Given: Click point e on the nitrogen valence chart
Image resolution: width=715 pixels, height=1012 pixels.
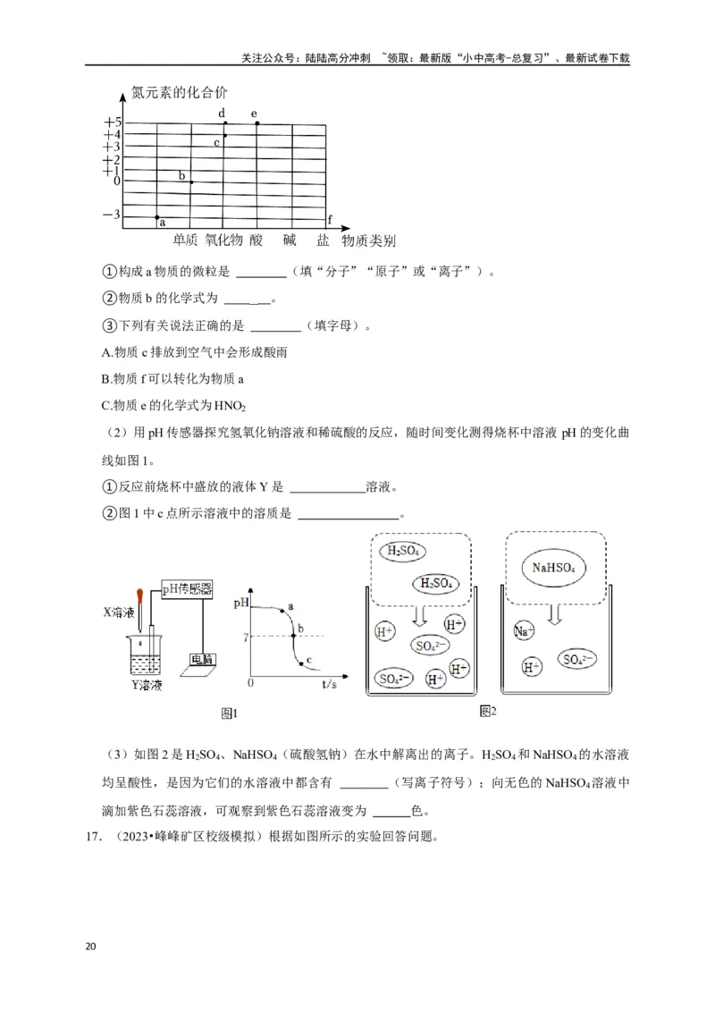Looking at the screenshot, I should tap(257, 123).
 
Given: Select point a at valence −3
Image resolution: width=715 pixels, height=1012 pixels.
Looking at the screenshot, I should tap(158, 217).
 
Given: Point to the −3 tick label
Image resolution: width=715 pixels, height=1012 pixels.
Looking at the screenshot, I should tap(112, 215).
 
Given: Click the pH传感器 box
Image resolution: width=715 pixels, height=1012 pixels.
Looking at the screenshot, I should tap(187, 588).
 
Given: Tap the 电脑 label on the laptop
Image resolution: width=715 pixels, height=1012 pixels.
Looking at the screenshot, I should tap(203, 660).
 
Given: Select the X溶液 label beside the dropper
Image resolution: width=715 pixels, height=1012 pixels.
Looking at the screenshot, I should tap(118, 613).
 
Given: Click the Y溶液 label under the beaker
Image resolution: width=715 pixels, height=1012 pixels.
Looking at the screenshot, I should tap(146, 686).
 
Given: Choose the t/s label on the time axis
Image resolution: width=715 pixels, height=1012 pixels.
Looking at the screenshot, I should tap(328, 682).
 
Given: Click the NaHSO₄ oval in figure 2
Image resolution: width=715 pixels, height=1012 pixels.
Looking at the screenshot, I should tap(553, 568).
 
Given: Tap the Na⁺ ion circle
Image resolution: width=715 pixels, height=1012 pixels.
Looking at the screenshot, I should tap(525, 631).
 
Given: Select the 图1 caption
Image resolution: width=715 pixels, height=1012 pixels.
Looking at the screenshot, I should tap(230, 713).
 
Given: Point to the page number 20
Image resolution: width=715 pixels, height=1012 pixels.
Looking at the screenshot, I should tap(90, 947).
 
